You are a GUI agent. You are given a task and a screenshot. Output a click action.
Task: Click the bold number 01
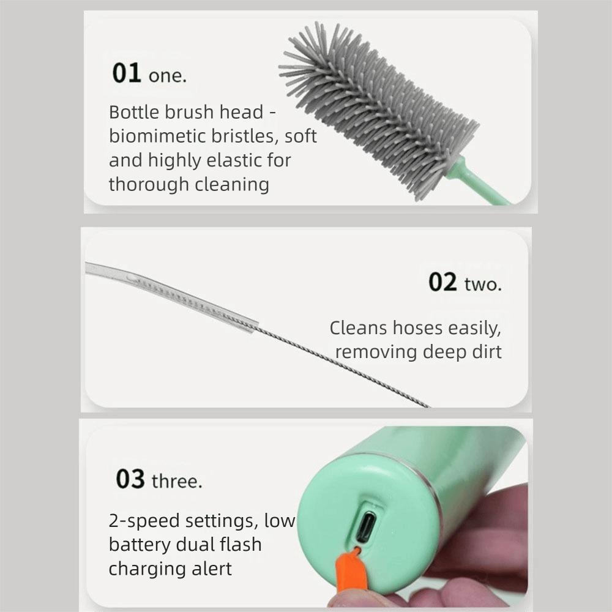click(127, 73)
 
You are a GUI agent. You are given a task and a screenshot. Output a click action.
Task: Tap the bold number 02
click(442, 282)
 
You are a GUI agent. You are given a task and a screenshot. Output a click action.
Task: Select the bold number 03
click(130, 479)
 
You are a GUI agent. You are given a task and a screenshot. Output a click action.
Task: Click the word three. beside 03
click(176, 482)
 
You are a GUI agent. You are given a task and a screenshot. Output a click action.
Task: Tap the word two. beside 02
click(483, 285)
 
